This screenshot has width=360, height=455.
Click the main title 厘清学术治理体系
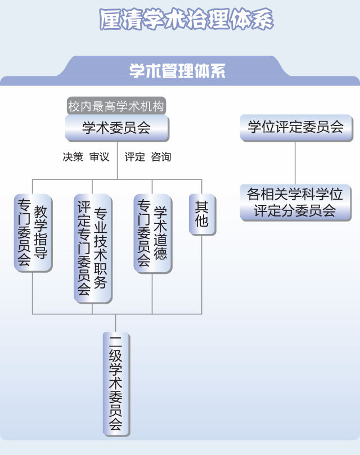186,20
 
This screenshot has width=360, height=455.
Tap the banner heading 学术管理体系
177,71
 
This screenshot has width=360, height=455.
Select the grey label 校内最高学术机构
116,106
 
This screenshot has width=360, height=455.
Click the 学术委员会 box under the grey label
116,128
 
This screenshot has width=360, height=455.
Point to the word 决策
73,157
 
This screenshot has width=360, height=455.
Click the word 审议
100,157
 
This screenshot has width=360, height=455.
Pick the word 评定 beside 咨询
135,157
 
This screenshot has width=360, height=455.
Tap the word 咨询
161,157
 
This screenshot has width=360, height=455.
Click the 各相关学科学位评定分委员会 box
295,202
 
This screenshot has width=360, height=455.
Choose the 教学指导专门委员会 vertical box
33,233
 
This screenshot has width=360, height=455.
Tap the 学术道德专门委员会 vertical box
152,233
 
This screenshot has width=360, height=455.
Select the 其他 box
201,214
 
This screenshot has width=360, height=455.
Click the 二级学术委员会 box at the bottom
116,384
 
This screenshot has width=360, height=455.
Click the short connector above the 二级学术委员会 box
116,322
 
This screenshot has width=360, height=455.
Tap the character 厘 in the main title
111,20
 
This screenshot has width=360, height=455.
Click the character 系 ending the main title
262,20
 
